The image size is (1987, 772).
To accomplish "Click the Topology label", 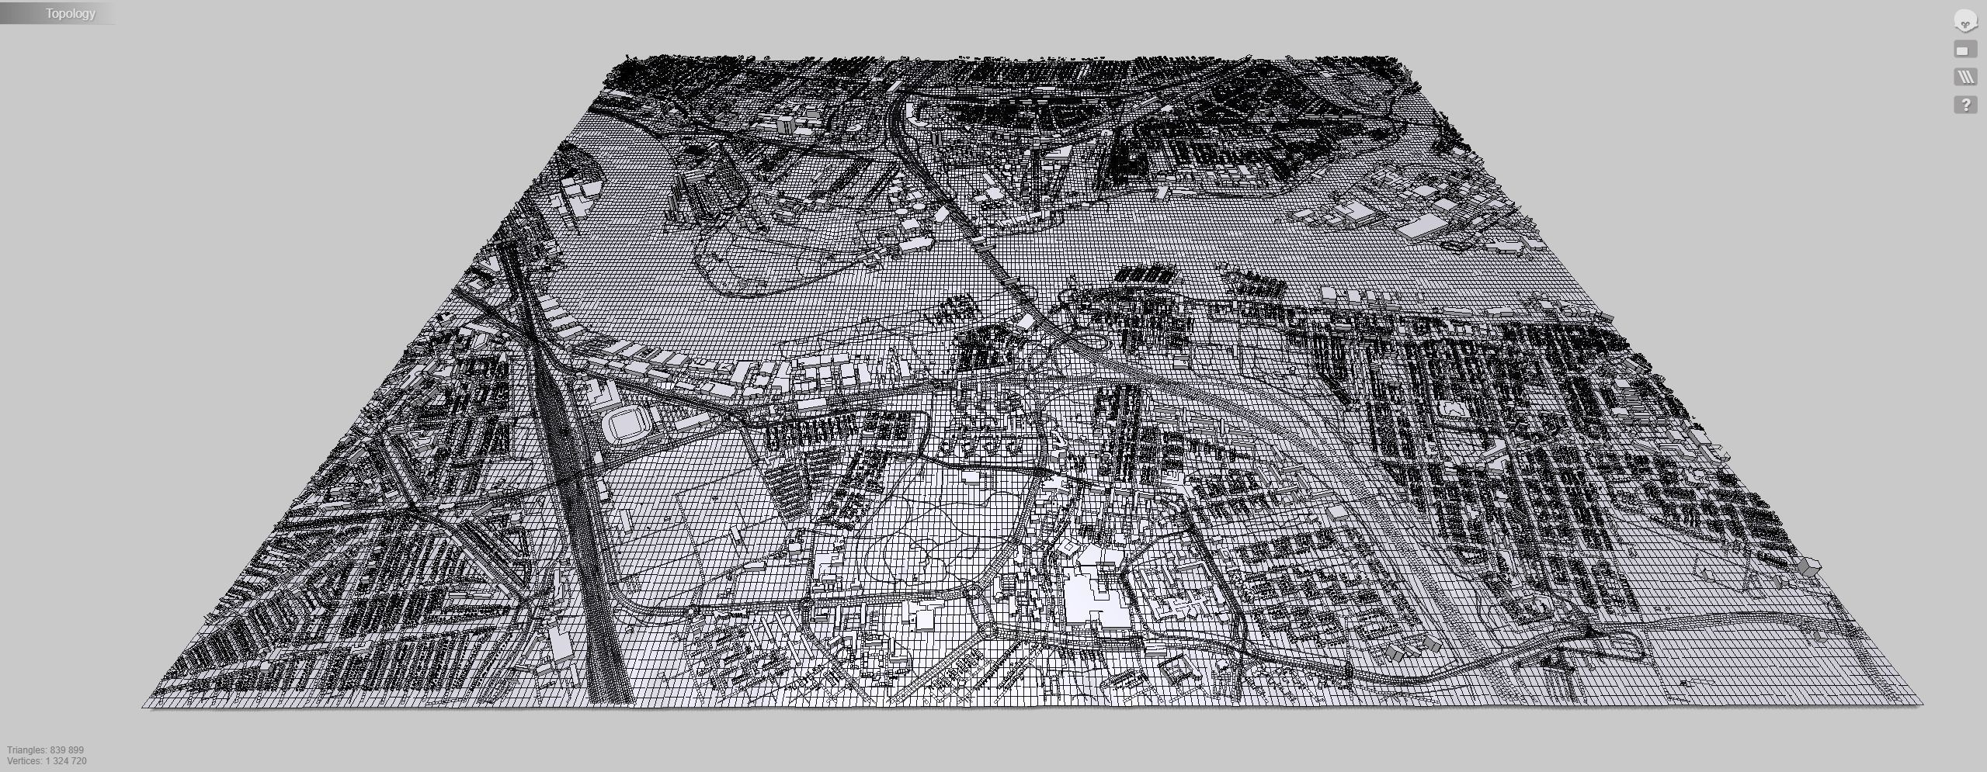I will tap(70, 13).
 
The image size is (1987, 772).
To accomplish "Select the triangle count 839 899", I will tap(67, 750).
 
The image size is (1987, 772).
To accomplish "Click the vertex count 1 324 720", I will tap(66, 761).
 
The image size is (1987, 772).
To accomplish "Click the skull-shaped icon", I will tap(1964, 22).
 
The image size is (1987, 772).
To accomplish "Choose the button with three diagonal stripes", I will tap(1965, 77).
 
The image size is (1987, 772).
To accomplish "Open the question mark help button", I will tap(1965, 105).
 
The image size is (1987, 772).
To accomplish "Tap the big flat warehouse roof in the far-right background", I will tap(1423, 226).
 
